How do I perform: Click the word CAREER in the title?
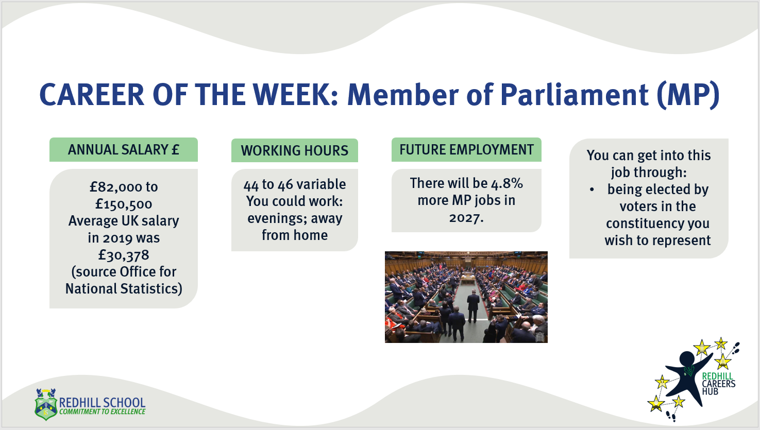[92, 95]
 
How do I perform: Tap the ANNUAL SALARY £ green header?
[124, 149]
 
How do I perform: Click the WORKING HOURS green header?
[295, 150]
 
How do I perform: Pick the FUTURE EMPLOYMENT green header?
[466, 149]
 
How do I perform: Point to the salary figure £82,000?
[116, 187]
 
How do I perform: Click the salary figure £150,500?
[124, 204]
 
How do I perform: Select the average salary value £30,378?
[124, 255]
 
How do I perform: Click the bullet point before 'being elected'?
[592, 190]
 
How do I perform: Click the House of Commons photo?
[466, 297]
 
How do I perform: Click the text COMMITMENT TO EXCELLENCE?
[102, 411]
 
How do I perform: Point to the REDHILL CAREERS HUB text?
[718, 384]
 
